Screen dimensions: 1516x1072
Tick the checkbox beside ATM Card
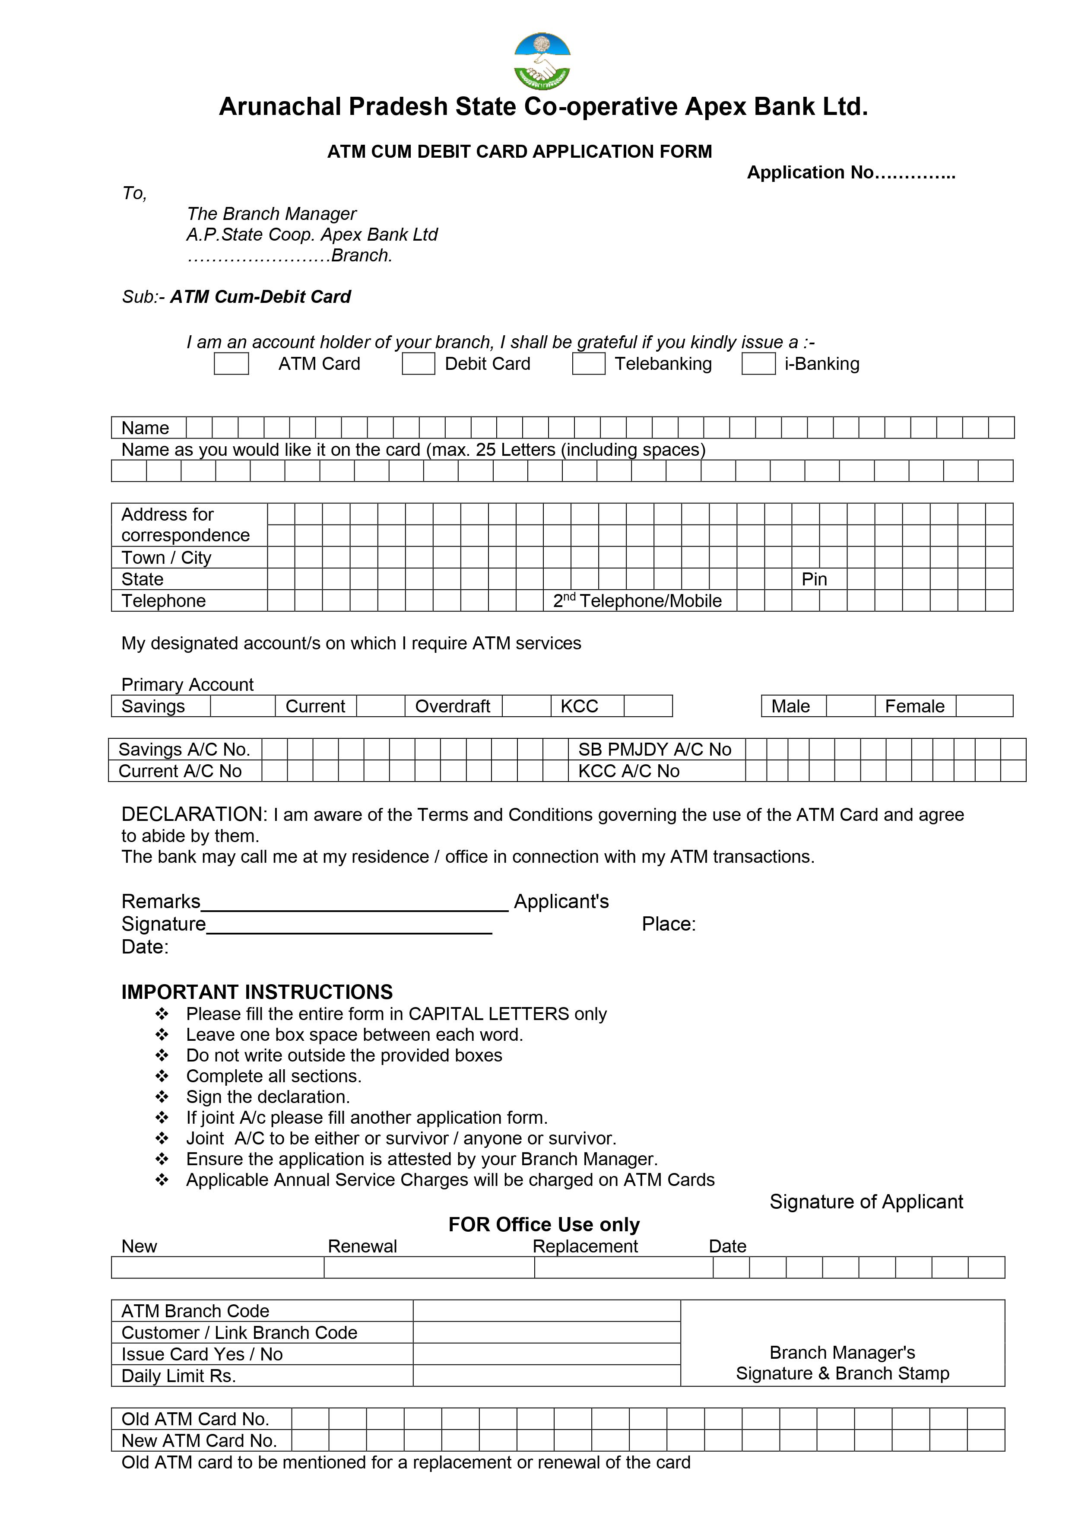pyautogui.click(x=231, y=364)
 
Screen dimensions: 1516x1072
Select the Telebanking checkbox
pyautogui.click(x=588, y=364)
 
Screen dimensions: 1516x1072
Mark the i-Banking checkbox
pyautogui.click(x=758, y=364)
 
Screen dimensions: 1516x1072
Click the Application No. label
pyautogui.click(x=850, y=172)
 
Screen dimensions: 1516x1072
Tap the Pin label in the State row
pyautogui.click(x=814, y=579)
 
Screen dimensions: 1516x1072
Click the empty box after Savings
pyautogui.click(x=242, y=706)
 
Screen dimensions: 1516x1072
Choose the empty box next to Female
pyautogui.click(x=983, y=706)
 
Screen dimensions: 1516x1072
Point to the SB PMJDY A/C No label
pyautogui.click(x=654, y=750)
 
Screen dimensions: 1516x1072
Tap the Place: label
pyautogui.click(x=669, y=924)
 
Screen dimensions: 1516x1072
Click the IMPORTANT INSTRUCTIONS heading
pyautogui.click(x=257, y=992)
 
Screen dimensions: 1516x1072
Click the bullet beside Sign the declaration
pyautogui.click(x=162, y=1097)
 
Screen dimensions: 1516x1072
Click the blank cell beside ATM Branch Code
pyautogui.click(x=546, y=1311)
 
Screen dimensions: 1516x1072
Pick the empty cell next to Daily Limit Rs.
pyautogui.click(x=546, y=1375)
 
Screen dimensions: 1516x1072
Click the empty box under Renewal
pyautogui.click(x=428, y=1267)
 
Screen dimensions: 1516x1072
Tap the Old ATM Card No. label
pyautogui.click(x=195, y=1419)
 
